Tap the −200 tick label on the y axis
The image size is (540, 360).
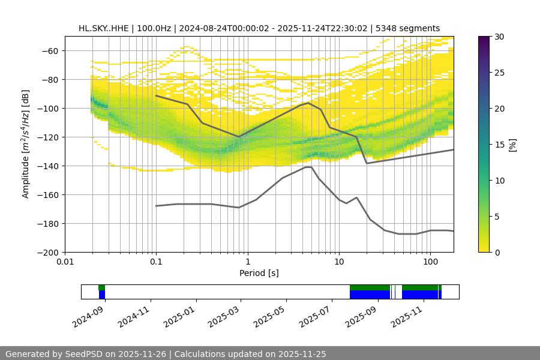coord(48,253)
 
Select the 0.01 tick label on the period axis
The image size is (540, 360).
coord(65,262)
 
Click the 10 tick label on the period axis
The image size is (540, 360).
coord(338,262)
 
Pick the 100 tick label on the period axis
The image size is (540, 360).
coord(430,262)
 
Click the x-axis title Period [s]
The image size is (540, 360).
coord(259,273)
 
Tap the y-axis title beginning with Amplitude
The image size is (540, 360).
coord(25,144)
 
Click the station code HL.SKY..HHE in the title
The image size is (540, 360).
coord(103,28)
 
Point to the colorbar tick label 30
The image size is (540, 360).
coord(500,37)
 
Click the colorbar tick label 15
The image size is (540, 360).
coord(500,145)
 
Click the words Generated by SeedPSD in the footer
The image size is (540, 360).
coord(56,354)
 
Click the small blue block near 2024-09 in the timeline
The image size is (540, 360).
coord(102,295)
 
